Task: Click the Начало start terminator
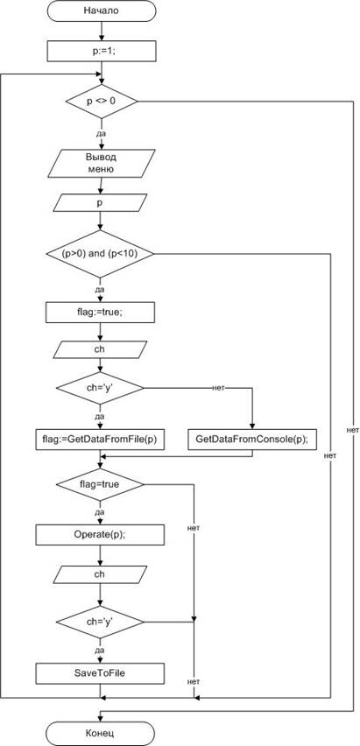[101, 11]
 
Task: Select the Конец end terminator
[101, 733]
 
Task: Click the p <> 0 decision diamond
[101, 102]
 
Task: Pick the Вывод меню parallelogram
[101, 164]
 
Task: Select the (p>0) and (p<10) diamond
[100, 254]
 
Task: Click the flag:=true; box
[101, 313]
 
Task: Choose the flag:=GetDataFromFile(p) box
[100, 440]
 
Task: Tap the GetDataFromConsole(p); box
[252, 440]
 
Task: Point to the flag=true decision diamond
[100, 485]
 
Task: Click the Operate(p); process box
[100, 535]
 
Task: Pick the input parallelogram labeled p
[101, 202]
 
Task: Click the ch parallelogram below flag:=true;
[100, 348]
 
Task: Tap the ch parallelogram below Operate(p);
[100, 574]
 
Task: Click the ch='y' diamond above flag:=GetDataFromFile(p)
[100, 389]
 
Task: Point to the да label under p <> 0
[101, 134]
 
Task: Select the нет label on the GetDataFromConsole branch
[218, 388]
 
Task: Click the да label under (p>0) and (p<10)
[100, 289]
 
